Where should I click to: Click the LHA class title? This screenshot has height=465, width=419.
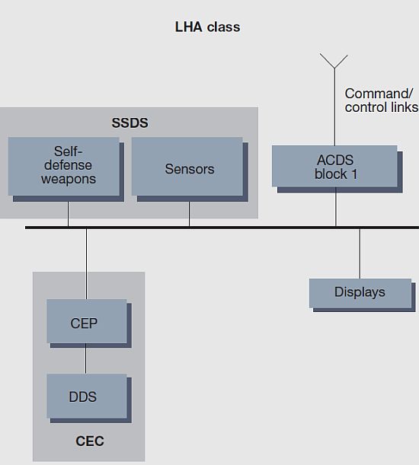point(207,27)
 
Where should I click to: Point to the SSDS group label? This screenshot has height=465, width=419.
point(130,123)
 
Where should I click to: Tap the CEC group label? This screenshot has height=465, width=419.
point(90,441)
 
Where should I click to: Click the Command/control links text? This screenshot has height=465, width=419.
point(382,100)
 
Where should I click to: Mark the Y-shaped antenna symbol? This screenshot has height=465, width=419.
point(334,62)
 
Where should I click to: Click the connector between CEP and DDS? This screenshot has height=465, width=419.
point(86,358)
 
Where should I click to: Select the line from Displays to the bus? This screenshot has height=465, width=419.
point(360,253)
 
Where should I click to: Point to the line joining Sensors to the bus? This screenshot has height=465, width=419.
point(189,214)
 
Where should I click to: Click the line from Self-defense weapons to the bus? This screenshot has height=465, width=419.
point(68,214)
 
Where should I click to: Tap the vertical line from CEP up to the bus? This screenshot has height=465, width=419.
point(86,264)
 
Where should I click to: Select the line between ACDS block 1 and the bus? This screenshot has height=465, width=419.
point(336,206)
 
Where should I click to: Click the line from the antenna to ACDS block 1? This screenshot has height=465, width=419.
point(334,107)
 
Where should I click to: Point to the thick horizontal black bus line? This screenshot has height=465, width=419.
point(222,228)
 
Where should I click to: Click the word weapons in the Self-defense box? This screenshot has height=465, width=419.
point(69,179)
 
